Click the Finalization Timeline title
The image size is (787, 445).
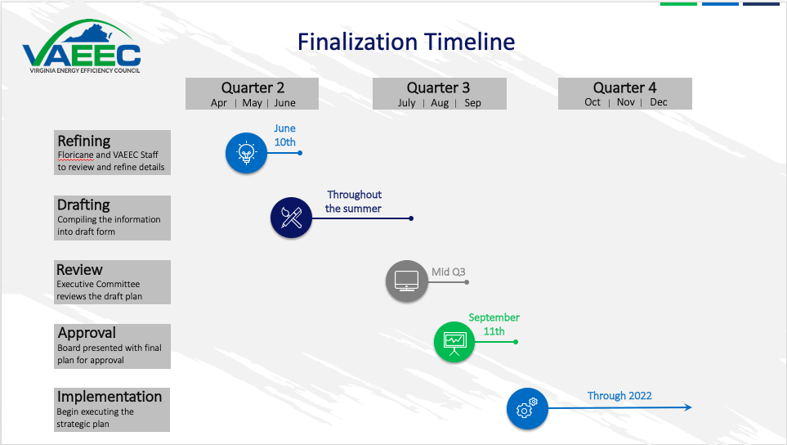pyautogui.click(x=405, y=42)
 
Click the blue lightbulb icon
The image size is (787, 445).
pyautogui.click(x=246, y=153)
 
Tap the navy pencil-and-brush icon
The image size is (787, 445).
pyautogui.click(x=292, y=218)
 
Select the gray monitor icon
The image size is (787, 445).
pyautogui.click(x=406, y=281)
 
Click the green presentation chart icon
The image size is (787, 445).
pyautogui.click(x=454, y=341)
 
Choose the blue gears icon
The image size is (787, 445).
pyautogui.click(x=527, y=407)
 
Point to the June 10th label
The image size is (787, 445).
pyautogui.click(x=285, y=135)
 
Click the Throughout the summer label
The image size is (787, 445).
pyautogui.click(x=354, y=201)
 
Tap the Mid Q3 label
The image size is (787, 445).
pyautogui.click(x=449, y=272)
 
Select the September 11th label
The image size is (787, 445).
pyautogui.click(x=494, y=324)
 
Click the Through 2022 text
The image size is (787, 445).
pyautogui.click(x=619, y=396)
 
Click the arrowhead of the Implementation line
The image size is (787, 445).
pyautogui.click(x=689, y=407)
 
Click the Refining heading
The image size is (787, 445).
pyautogui.click(x=84, y=141)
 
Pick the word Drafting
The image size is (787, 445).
pyautogui.click(x=83, y=205)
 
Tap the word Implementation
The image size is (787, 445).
pyautogui.click(x=110, y=397)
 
